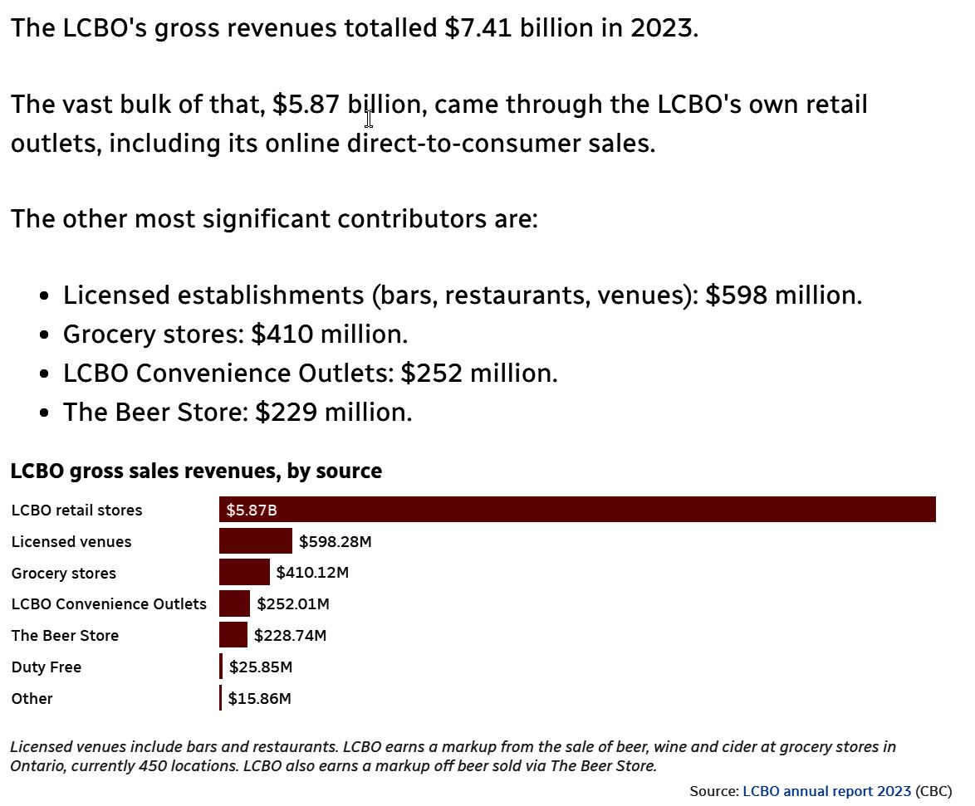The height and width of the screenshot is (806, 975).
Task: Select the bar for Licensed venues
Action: pyautogui.click(x=256, y=541)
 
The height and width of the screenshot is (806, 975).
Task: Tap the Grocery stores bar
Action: pyautogui.click(x=244, y=573)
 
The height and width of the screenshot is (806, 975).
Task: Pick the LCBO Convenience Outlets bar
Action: pyautogui.click(x=234, y=603)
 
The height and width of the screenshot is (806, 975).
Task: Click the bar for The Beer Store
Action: pyautogui.click(x=233, y=635)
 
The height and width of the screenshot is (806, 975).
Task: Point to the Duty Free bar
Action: pyautogui.click(x=221, y=667)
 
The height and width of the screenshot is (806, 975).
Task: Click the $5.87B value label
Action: pyautogui.click(x=251, y=510)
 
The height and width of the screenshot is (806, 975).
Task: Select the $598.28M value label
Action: pyautogui.click(x=335, y=542)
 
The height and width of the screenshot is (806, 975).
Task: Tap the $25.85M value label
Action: pyautogui.click(x=261, y=667)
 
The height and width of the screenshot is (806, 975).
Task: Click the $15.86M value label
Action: pyautogui.click(x=260, y=699)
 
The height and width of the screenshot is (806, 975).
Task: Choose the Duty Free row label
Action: pyautogui.click(x=47, y=667)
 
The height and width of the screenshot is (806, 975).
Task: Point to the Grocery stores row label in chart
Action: pyautogui.click(x=64, y=574)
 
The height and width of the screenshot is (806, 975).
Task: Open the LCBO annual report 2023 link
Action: pyautogui.click(x=826, y=791)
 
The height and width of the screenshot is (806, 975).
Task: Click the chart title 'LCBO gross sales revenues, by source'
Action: pyautogui.click(x=196, y=471)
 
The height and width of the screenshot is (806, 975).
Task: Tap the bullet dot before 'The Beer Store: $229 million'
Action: pyautogui.click(x=45, y=412)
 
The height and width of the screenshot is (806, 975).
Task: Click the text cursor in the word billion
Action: pyautogui.click(x=369, y=117)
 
